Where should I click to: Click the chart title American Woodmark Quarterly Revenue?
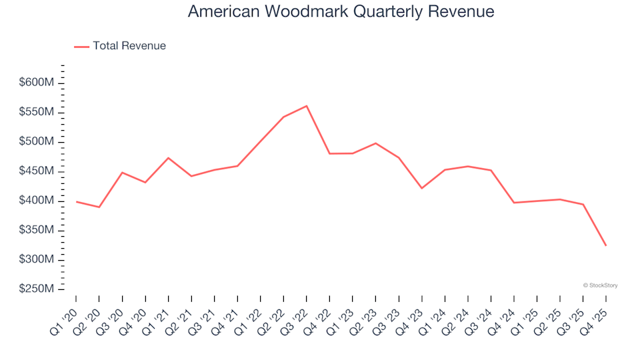click(x=341, y=11)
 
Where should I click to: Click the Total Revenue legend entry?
click(x=121, y=46)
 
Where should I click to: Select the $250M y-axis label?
click(x=37, y=289)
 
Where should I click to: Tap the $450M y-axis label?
click(x=37, y=171)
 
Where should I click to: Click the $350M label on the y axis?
click(x=37, y=230)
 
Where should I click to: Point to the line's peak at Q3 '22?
click(x=307, y=106)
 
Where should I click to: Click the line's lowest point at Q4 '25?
click(x=606, y=245)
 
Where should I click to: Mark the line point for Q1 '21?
click(x=168, y=158)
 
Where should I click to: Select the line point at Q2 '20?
click(x=99, y=207)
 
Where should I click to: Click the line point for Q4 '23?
click(x=422, y=188)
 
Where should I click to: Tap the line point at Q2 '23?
click(x=376, y=143)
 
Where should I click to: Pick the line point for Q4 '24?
click(x=514, y=203)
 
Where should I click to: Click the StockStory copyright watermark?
click(x=600, y=285)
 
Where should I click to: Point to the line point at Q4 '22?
click(x=329, y=154)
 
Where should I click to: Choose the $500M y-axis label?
click(x=37, y=142)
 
